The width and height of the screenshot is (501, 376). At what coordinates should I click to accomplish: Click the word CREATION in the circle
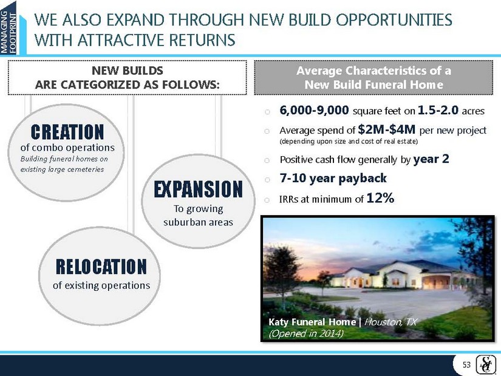tap(67, 132)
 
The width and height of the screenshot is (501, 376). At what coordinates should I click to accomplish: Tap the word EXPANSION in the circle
tap(198, 189)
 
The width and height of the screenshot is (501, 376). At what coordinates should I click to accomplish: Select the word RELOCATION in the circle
tap(101, 267)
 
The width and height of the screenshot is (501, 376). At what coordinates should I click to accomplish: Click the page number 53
tap(467, 364)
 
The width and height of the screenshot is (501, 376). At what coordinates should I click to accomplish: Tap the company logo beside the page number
tap(485, 364)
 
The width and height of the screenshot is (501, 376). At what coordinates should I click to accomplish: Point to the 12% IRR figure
tap(380, 198)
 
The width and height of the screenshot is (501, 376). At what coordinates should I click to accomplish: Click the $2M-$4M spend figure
tap(387, 129)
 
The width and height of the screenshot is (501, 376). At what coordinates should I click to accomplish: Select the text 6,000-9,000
tap(314, 111)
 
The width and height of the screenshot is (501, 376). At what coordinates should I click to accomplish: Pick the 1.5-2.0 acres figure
tap(438, 111)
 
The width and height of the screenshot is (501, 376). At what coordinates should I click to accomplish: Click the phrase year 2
tap(431, 159)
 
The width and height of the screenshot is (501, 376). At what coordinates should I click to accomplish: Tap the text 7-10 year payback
tap(333, 178)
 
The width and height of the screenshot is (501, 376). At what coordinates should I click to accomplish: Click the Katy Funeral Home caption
tap(312, 322)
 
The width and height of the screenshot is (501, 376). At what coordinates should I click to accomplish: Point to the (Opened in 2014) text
tap(306, 333)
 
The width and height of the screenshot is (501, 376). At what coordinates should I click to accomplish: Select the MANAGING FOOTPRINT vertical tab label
tap(8, 32)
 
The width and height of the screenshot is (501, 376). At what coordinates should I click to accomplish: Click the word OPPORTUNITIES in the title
tap(394, 20)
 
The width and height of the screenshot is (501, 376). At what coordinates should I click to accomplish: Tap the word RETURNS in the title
tap(202, 40)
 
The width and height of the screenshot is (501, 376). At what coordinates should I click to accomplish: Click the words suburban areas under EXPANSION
tap(198, 222)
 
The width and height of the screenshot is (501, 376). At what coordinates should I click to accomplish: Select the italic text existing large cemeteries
tap(63, 169)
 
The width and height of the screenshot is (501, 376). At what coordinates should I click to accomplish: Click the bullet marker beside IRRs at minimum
tap(267, 200)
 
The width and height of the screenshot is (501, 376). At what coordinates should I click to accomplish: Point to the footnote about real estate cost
tap(349, 142)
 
